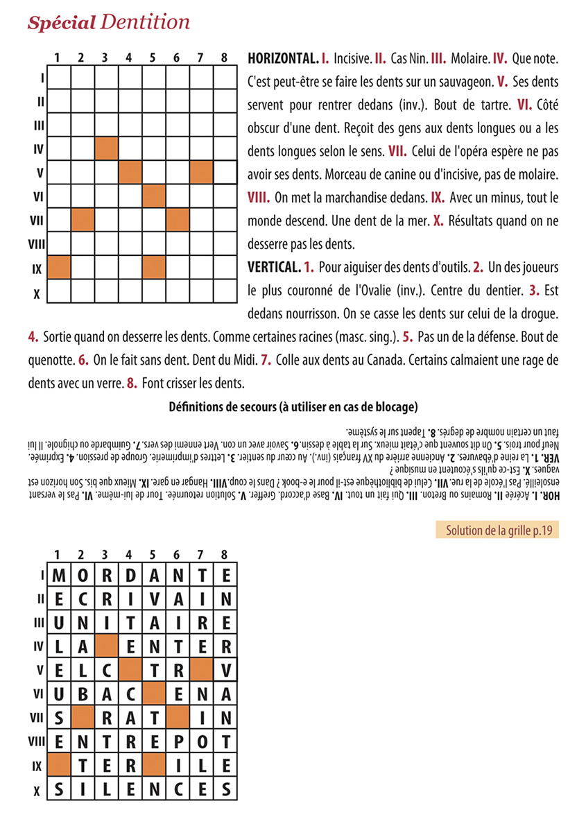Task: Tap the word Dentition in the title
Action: [145, 22]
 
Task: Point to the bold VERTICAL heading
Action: [273, 267]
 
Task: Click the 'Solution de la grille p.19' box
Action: [497, 531]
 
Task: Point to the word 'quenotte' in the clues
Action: [51, 360]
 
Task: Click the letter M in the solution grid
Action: [58, 575]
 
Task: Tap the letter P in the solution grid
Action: [176, 740]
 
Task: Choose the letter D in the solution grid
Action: [129, 575]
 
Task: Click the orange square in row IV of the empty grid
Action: [105, 148]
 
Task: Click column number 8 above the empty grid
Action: [224, 58]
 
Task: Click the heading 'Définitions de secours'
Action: [293, 406]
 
